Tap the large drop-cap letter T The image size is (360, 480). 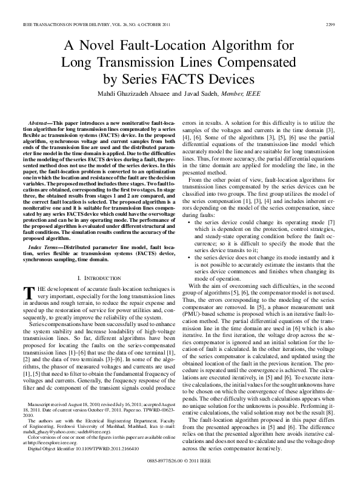pyautogui.click(x=27, y=292)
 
